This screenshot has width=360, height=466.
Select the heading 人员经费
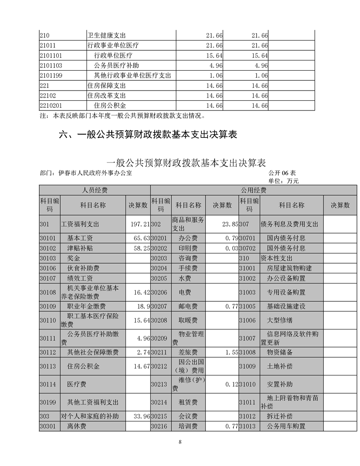[95, 190]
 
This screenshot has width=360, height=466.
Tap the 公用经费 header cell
[253, 190]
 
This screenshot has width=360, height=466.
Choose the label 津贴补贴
[80, 248]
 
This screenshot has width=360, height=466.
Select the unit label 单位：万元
[284, 181]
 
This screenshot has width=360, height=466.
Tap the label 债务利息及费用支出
[289, 224]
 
